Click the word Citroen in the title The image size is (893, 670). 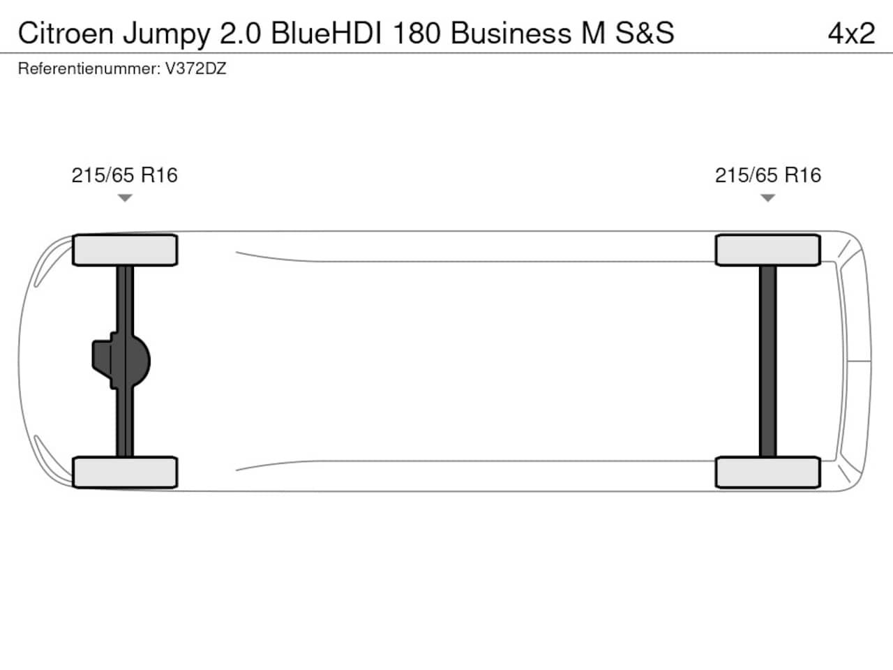pos(66,33)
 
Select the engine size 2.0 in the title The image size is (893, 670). pos(240,33)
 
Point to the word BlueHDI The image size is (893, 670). pos(327,33)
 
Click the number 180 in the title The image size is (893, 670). pos(417,33)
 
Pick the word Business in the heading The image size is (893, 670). pos(511,33)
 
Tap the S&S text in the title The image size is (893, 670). pos(645,33)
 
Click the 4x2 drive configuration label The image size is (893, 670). pos(851,33)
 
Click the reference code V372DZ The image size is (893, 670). pos(195,68)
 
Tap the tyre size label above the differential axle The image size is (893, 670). pos(124,175)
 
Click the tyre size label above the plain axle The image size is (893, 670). pos(768,175)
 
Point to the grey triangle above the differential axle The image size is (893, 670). pos(125,198)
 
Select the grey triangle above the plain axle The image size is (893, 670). pos(767,198)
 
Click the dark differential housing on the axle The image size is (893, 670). pos(121,361)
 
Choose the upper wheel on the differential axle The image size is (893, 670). pos(125,250)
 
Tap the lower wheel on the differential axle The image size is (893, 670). pos(125,472)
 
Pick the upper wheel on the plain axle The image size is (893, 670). pos(768,250)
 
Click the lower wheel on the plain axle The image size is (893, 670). pos(768,472)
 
